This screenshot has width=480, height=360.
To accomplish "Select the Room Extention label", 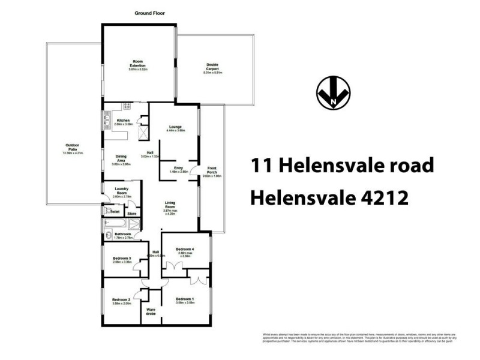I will point(138,64).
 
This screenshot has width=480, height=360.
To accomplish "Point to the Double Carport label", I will point(212,68).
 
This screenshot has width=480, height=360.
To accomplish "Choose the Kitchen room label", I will point(123,121).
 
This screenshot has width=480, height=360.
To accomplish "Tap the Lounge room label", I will point(176,127).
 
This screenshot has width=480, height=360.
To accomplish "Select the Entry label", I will point(178,168).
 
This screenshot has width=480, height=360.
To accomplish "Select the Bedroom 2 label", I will point(121,299).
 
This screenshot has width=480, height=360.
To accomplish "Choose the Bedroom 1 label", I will point(184,299).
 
